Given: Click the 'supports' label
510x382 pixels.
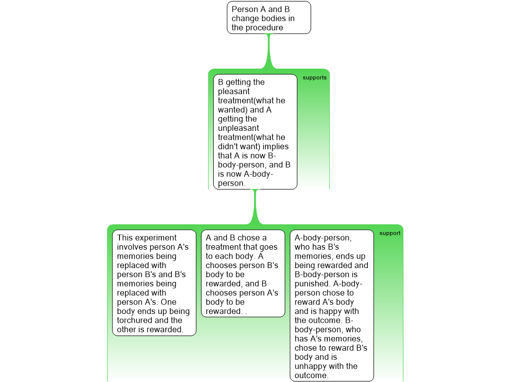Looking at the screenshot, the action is (x=315, y=78).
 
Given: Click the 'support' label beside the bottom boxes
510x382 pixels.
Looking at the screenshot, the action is (x=390, y=233).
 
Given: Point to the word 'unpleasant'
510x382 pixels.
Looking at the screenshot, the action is (x=239, y=128).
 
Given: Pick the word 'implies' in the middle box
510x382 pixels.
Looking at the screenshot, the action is (x=275, y=147).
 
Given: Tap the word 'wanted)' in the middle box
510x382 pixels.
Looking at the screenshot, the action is (x=233, y=110).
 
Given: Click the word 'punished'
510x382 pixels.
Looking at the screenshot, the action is (x=312, y=284).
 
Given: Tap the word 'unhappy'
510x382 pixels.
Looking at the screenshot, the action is (x=309, y=367).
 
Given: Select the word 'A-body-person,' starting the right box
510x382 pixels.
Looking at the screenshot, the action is (x=323, y=238).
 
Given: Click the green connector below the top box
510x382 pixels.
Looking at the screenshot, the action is (x=268, y=51).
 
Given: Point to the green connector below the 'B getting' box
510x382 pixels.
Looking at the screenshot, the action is (x=255, y=207).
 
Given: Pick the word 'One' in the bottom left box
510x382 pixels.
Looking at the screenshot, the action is (x=168, y=302).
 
